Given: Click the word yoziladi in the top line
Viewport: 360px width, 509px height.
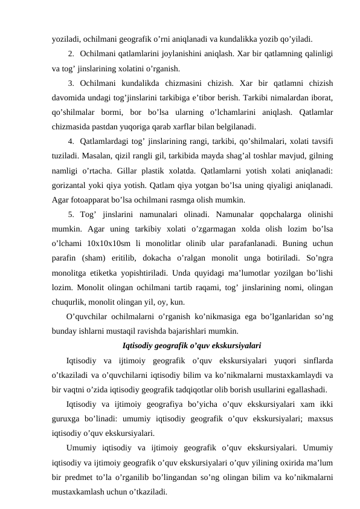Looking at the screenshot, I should (x=66, y=41).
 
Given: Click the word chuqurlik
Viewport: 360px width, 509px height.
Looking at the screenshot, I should (x=69, y=302).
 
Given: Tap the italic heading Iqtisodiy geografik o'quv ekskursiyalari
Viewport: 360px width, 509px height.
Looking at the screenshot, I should (x=191, y=346).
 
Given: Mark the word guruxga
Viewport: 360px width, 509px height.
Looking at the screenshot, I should (x=67, y=419).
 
